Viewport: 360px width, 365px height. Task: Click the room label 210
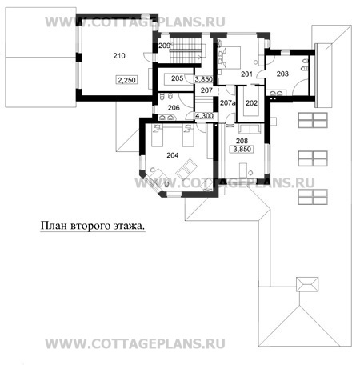[x=119, y=56]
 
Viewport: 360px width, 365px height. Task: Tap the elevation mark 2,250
[x=126, y=80]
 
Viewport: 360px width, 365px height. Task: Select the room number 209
[x=164, y=46]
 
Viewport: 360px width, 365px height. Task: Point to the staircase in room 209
[x=186, y=50]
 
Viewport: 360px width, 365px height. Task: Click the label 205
[x=177, y=78]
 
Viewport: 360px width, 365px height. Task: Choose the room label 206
[x=174, y=108]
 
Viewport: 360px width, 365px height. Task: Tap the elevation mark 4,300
[x=204, y=116]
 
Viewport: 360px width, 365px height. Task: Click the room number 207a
[x=228, y=102]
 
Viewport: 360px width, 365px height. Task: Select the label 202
[x=251, y=103]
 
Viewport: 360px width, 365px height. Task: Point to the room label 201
[x=246, y=74]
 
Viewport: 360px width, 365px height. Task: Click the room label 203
[x=282, y=74]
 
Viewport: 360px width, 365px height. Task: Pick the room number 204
[x=173, y=155]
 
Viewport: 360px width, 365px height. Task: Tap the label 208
[x=242, y=141]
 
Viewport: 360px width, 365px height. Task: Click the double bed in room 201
[x=230, y=58]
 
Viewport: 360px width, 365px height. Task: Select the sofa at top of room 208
[x=250, y=129]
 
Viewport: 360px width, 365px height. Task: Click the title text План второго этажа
[x=93, y=226]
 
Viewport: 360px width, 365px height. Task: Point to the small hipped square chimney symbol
[x=307, y=284]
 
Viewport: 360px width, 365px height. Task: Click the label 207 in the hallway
[x=206, y=90]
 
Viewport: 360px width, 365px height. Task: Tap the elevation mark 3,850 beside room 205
[x=203, y=79]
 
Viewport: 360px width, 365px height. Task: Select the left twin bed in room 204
[x=157, y=135]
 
